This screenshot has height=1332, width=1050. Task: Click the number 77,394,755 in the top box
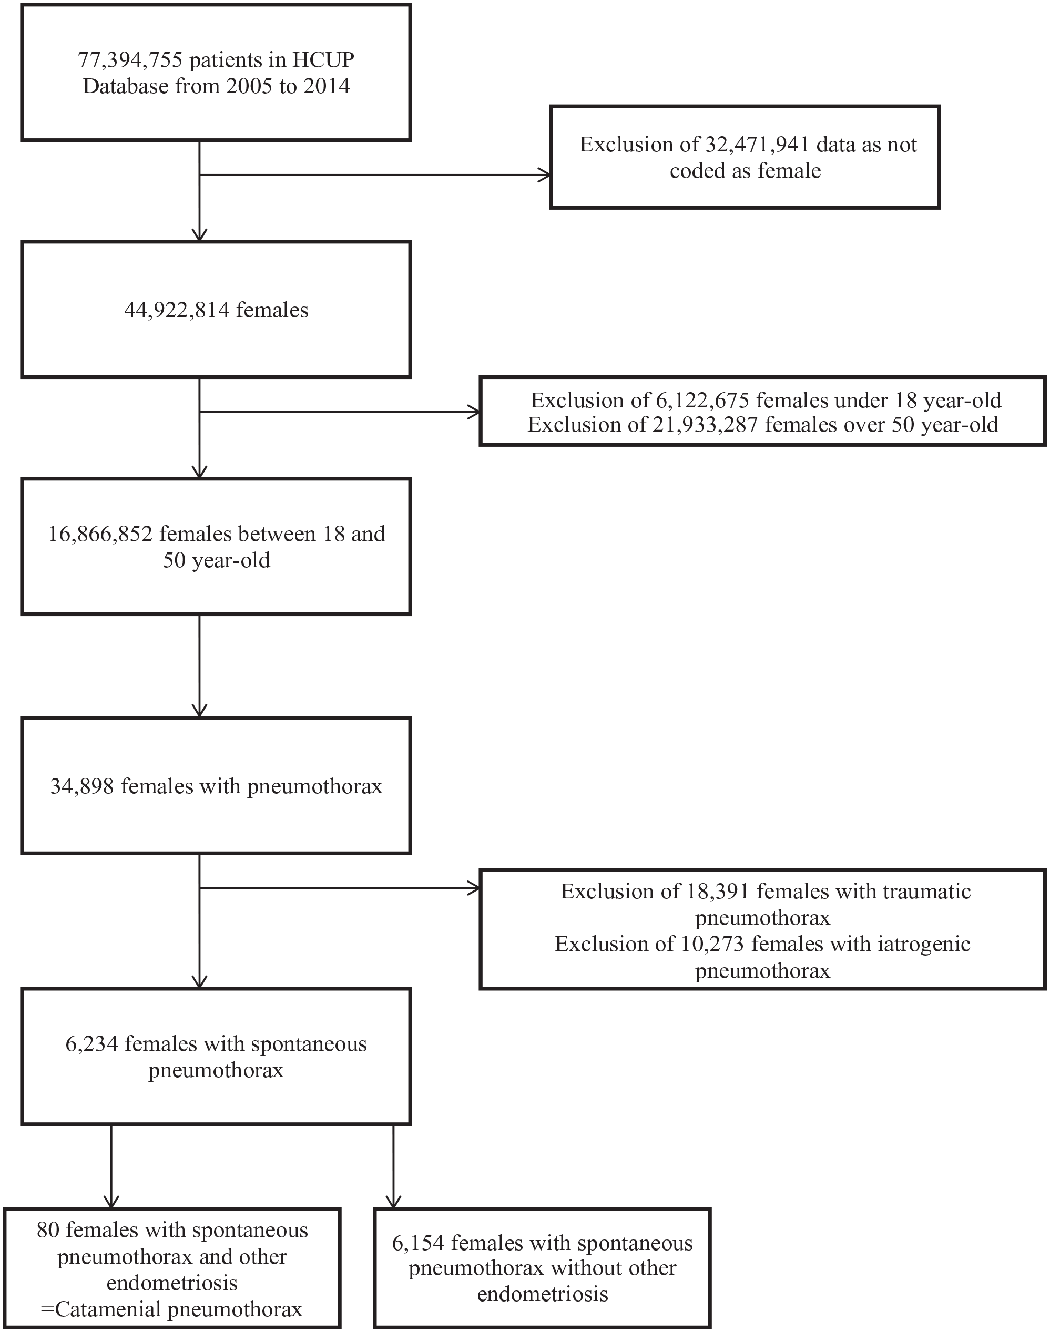pyautogui.click(x=130, y=60)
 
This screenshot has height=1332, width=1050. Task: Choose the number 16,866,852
pyautogui.click(x=101, y=534)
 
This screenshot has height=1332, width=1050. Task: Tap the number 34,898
pyautogui.click(x=83, y=786)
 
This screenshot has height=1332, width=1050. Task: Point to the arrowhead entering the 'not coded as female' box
pyautogui.click(x=545, y=175)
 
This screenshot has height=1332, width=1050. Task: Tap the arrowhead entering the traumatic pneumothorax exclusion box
pyautogui.click(x=473, y=888)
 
